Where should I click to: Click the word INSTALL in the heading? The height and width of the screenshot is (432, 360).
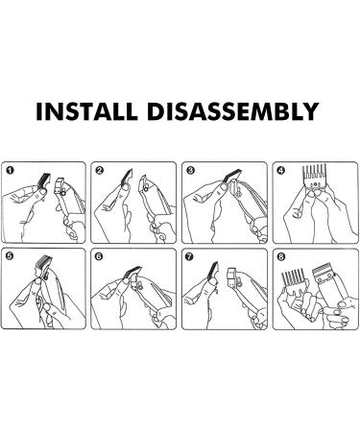(x=86, y=111)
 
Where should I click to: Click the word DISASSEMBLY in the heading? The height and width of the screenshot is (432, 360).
(x=233, y=111)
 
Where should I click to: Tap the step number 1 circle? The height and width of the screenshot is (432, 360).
(x=10, y=171)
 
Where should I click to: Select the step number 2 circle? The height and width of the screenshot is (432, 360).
(x=99, y=171)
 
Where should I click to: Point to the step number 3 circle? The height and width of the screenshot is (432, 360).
(x=190, y=171)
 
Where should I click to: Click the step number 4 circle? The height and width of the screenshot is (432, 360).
(x=281, y=171)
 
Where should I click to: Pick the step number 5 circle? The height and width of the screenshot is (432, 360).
(x=10, y=256)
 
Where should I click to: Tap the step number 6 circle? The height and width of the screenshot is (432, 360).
(x=99, y=256)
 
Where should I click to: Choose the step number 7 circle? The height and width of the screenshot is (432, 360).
(x=190, y=256)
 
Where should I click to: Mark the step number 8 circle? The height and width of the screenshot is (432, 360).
(x=281, y=256)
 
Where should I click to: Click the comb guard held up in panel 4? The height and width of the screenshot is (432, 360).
(x=315, y=177)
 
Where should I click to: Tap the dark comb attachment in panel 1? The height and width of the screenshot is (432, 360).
(x=44, y=180)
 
